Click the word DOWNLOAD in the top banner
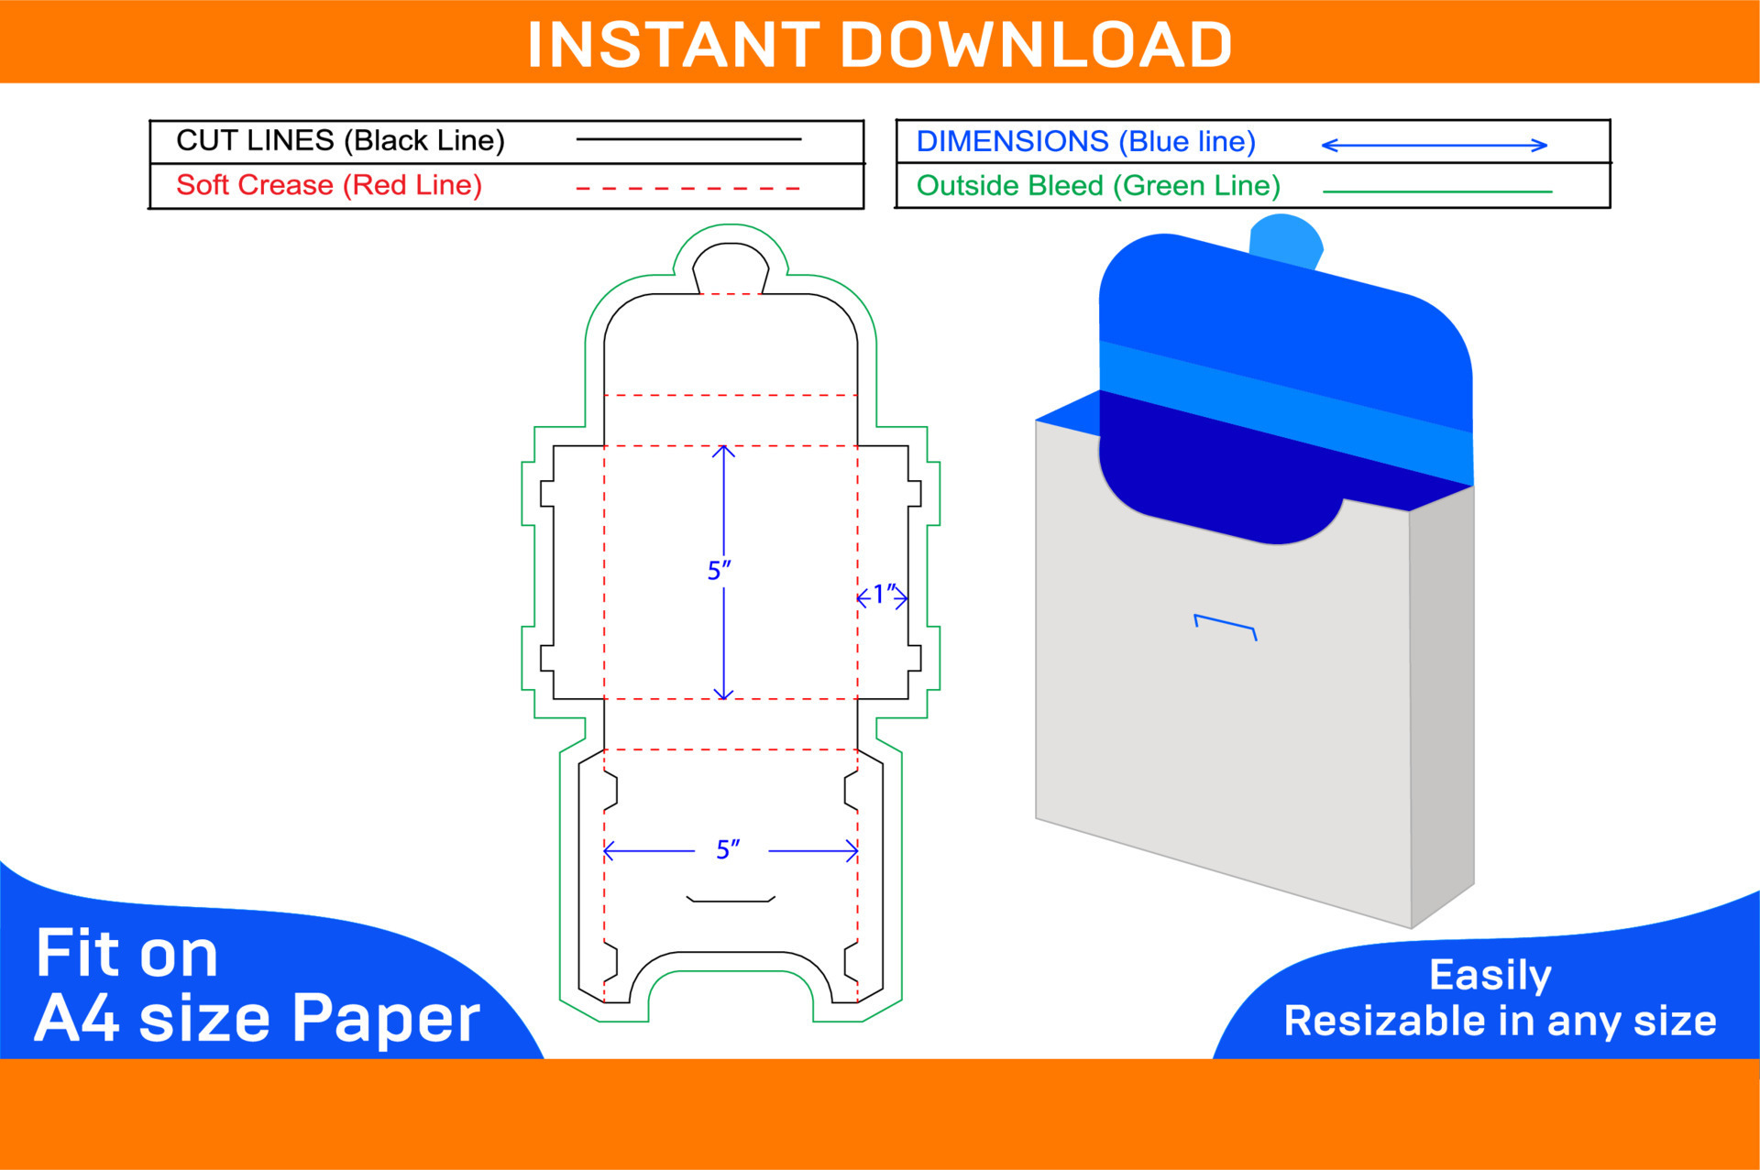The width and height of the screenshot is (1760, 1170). [1036, 45]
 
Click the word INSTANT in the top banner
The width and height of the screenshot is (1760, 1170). [674, 45]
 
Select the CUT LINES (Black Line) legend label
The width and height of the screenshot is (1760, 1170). [340, 140]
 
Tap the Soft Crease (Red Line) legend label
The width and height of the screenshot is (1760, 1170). [329, 185]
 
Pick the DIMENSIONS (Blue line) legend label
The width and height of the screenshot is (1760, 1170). [1086, 141]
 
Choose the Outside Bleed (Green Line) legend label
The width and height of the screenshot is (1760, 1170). [1098, 186]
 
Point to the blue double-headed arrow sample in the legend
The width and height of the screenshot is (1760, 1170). [1435, 145]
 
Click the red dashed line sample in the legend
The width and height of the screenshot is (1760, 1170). [688, 189]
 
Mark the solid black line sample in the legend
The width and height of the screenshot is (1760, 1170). [688, 139]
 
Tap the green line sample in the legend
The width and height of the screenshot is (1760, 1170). [1437, 191]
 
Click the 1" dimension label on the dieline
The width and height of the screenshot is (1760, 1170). [883, 594]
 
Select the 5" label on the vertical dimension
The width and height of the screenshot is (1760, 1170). [719, 570]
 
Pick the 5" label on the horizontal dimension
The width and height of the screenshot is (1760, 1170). [728, 849]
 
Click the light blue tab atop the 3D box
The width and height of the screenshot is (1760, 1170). [1286, 242]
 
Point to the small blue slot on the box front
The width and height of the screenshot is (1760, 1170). [1225, 625]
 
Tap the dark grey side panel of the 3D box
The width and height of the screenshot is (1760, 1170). [1442, 705]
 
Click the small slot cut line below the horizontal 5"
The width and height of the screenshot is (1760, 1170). [731, 901]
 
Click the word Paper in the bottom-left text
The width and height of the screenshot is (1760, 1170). [386, 1019]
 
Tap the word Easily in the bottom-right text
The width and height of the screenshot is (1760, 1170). [1490, 976]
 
